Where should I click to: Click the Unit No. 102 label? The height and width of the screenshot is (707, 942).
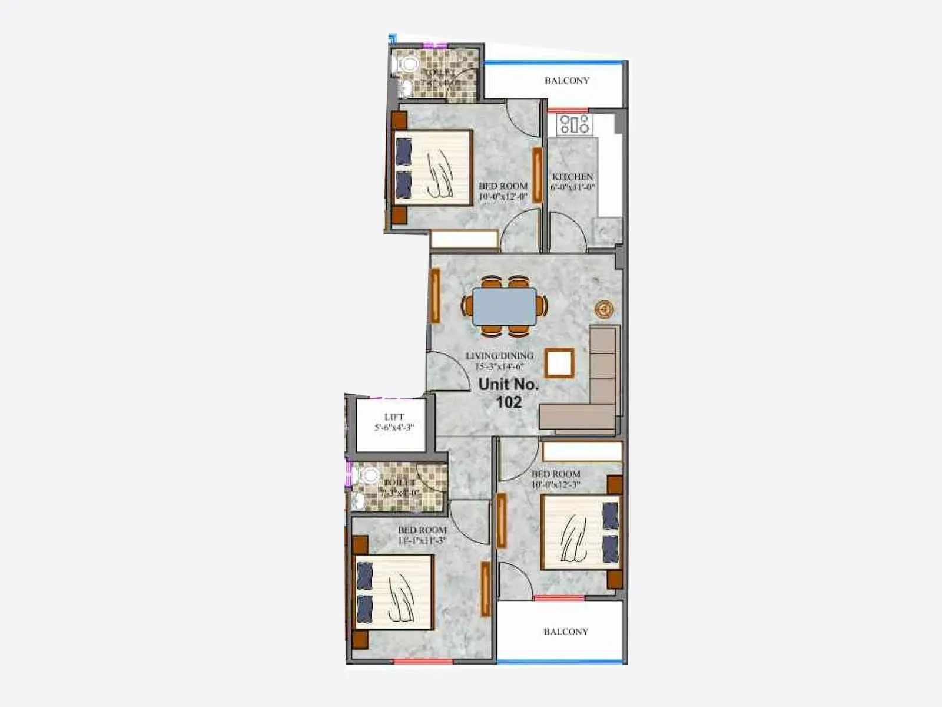click(509, 393)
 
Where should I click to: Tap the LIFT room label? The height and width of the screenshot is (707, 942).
click(394, 417)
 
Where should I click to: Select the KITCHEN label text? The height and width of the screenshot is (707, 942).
click(572, 177)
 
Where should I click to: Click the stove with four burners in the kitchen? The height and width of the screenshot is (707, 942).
click(575, 124)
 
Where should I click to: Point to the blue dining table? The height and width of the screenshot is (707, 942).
click(505, 306)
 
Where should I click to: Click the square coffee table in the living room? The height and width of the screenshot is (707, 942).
click(559, 363)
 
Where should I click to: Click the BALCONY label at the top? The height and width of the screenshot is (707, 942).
click(566, 81)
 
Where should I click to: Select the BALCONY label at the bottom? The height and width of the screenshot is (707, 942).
click(565, 632)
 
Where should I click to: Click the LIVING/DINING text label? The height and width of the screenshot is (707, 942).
click(499, 356)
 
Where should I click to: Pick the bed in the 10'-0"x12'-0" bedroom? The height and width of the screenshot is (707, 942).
click(434, 169)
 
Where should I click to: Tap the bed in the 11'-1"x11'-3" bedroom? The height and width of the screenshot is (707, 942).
click(393, 592)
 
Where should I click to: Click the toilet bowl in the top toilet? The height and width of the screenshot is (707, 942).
click(408, 64)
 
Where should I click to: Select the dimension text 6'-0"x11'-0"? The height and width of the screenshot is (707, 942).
click(572, 187)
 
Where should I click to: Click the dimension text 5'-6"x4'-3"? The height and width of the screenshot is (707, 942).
click(394, 428)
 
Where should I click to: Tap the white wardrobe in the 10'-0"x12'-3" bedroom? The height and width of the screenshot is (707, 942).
click(582, 452)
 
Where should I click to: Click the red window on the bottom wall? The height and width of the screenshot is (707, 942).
click(423, 662)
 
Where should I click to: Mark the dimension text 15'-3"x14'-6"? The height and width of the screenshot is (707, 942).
click(499, 366)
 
